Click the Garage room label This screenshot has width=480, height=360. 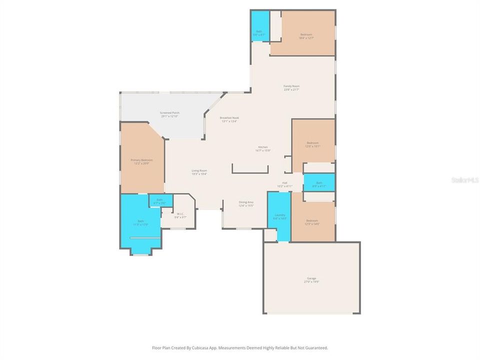tap(311, 278)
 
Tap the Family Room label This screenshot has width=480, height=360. tap(291, 86)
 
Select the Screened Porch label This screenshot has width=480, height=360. tap(169, 113)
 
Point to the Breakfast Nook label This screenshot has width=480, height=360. tap(229, 118)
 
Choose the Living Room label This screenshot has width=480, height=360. tap(199, 171)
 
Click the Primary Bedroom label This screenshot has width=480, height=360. tap(141, 160)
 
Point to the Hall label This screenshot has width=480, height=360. tap(284, 183)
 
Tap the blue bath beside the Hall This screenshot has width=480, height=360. tap(319, 183)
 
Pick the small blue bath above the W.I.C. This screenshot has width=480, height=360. tap(159, 200)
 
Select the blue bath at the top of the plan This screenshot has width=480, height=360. tap(259, 27)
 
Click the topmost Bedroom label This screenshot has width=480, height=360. tap(306, 34)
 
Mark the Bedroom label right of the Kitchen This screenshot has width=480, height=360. tap(312, 143)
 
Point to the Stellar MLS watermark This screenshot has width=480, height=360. tap(464, 179)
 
